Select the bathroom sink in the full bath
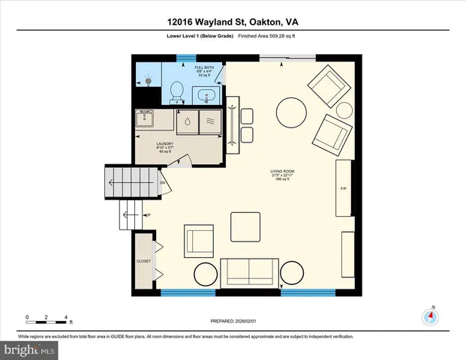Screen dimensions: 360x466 coord(206,95)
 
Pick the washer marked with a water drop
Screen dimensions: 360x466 coord(185,120)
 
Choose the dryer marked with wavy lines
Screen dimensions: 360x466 coord(209,120)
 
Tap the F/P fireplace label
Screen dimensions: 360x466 coord(344,187)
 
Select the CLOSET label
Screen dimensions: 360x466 coord(143,262)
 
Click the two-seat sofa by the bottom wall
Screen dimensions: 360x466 coord(248,272)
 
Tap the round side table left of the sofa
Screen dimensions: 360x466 coord(206,274)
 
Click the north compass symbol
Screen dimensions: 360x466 coord(430,316)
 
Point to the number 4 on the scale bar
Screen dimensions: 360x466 coord(67,317)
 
